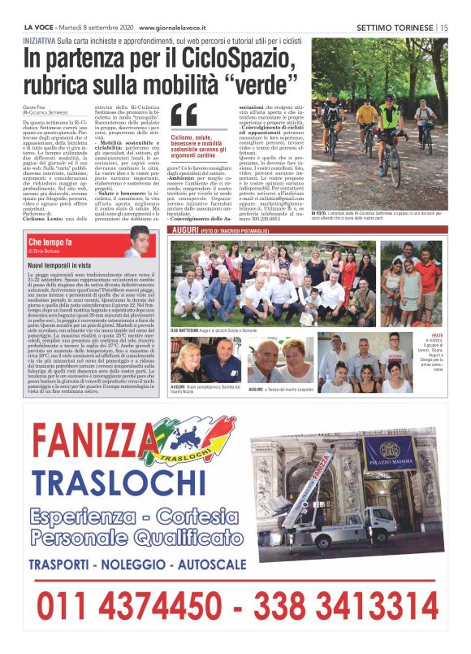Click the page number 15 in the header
[444, 27]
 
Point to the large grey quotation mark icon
[184, 116]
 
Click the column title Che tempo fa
[50, 242]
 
